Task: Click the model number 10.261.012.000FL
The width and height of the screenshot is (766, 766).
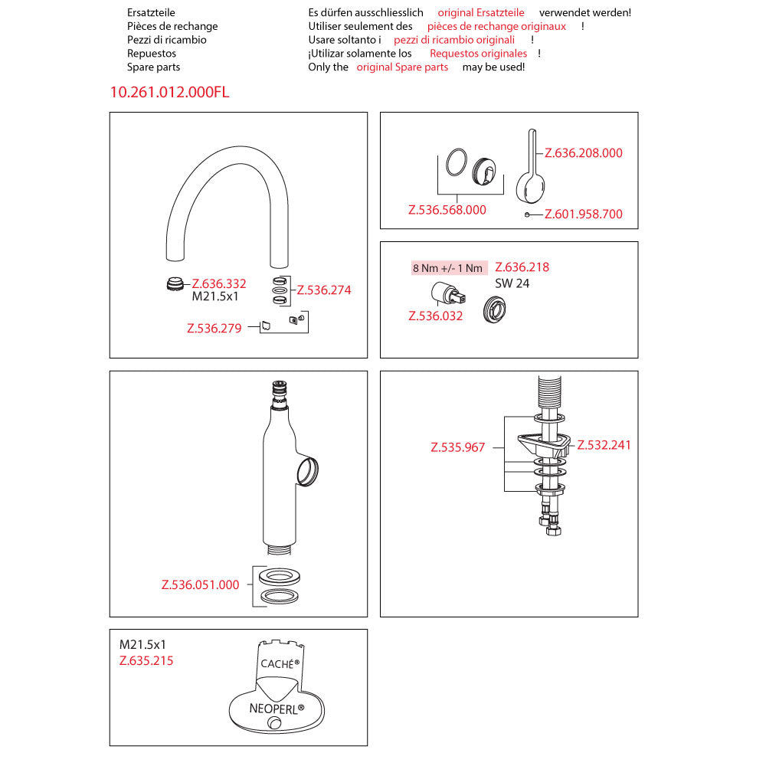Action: (169, 93)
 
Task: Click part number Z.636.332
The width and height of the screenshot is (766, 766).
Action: (219, 283)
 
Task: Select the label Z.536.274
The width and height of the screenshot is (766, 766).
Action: (324, 290)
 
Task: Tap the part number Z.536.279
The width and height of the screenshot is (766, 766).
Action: (214, 329)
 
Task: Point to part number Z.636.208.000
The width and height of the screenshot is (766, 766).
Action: (584, 153)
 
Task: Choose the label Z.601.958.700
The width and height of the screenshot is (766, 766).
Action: (584, 214)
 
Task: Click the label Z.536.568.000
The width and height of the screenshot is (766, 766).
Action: (447, 210)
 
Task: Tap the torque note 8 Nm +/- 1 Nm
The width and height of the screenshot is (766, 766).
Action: (448, 268)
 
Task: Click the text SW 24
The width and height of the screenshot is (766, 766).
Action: (512, 283)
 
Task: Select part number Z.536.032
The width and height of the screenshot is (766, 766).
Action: (436, 316)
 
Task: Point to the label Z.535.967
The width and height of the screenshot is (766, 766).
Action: (458, 447)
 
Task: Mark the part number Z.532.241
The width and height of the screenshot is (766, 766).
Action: (604, 445)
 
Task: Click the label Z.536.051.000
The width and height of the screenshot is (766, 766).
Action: (201, 585)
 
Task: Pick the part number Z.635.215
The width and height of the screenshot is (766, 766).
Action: (146, 660)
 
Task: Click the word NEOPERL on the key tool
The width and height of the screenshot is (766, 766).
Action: (277, 709)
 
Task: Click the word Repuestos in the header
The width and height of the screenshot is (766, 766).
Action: (152, 54)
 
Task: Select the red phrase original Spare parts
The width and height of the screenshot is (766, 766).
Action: (403, 67)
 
